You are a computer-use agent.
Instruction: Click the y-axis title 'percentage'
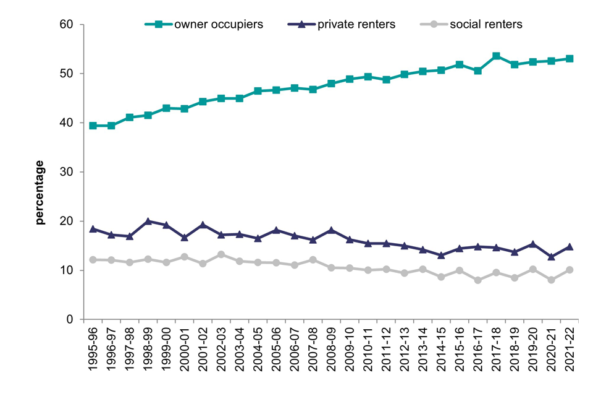point(40,192)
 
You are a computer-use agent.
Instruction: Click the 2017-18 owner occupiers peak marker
point(496,56)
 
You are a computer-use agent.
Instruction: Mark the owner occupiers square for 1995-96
point(93,126)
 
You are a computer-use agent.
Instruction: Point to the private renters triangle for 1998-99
point(148,221)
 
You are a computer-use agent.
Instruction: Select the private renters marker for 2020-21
point(551,256)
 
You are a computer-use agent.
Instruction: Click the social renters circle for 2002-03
point(221,254)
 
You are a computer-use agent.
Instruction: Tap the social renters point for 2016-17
point(477,280)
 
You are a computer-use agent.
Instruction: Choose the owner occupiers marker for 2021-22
point(570,59)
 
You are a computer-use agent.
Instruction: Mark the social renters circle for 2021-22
point(570,270)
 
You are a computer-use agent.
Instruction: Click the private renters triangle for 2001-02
point(203,225)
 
